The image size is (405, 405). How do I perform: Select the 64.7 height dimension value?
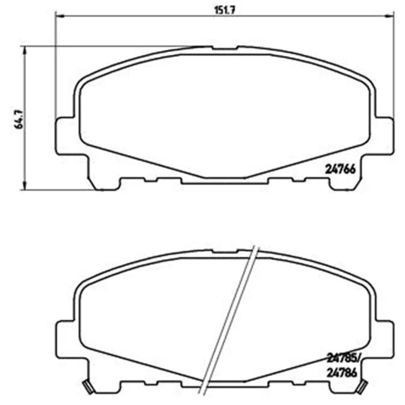(19, 119)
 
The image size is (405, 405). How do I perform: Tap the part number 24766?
(340, 170)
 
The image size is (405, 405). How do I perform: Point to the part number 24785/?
(343, 358)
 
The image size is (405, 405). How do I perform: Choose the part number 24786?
(342, 373)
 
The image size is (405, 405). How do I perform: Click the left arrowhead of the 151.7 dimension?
(60, 16)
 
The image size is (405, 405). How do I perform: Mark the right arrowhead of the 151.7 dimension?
(389, 16)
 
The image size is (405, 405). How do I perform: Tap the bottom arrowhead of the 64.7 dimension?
(25, 186)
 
